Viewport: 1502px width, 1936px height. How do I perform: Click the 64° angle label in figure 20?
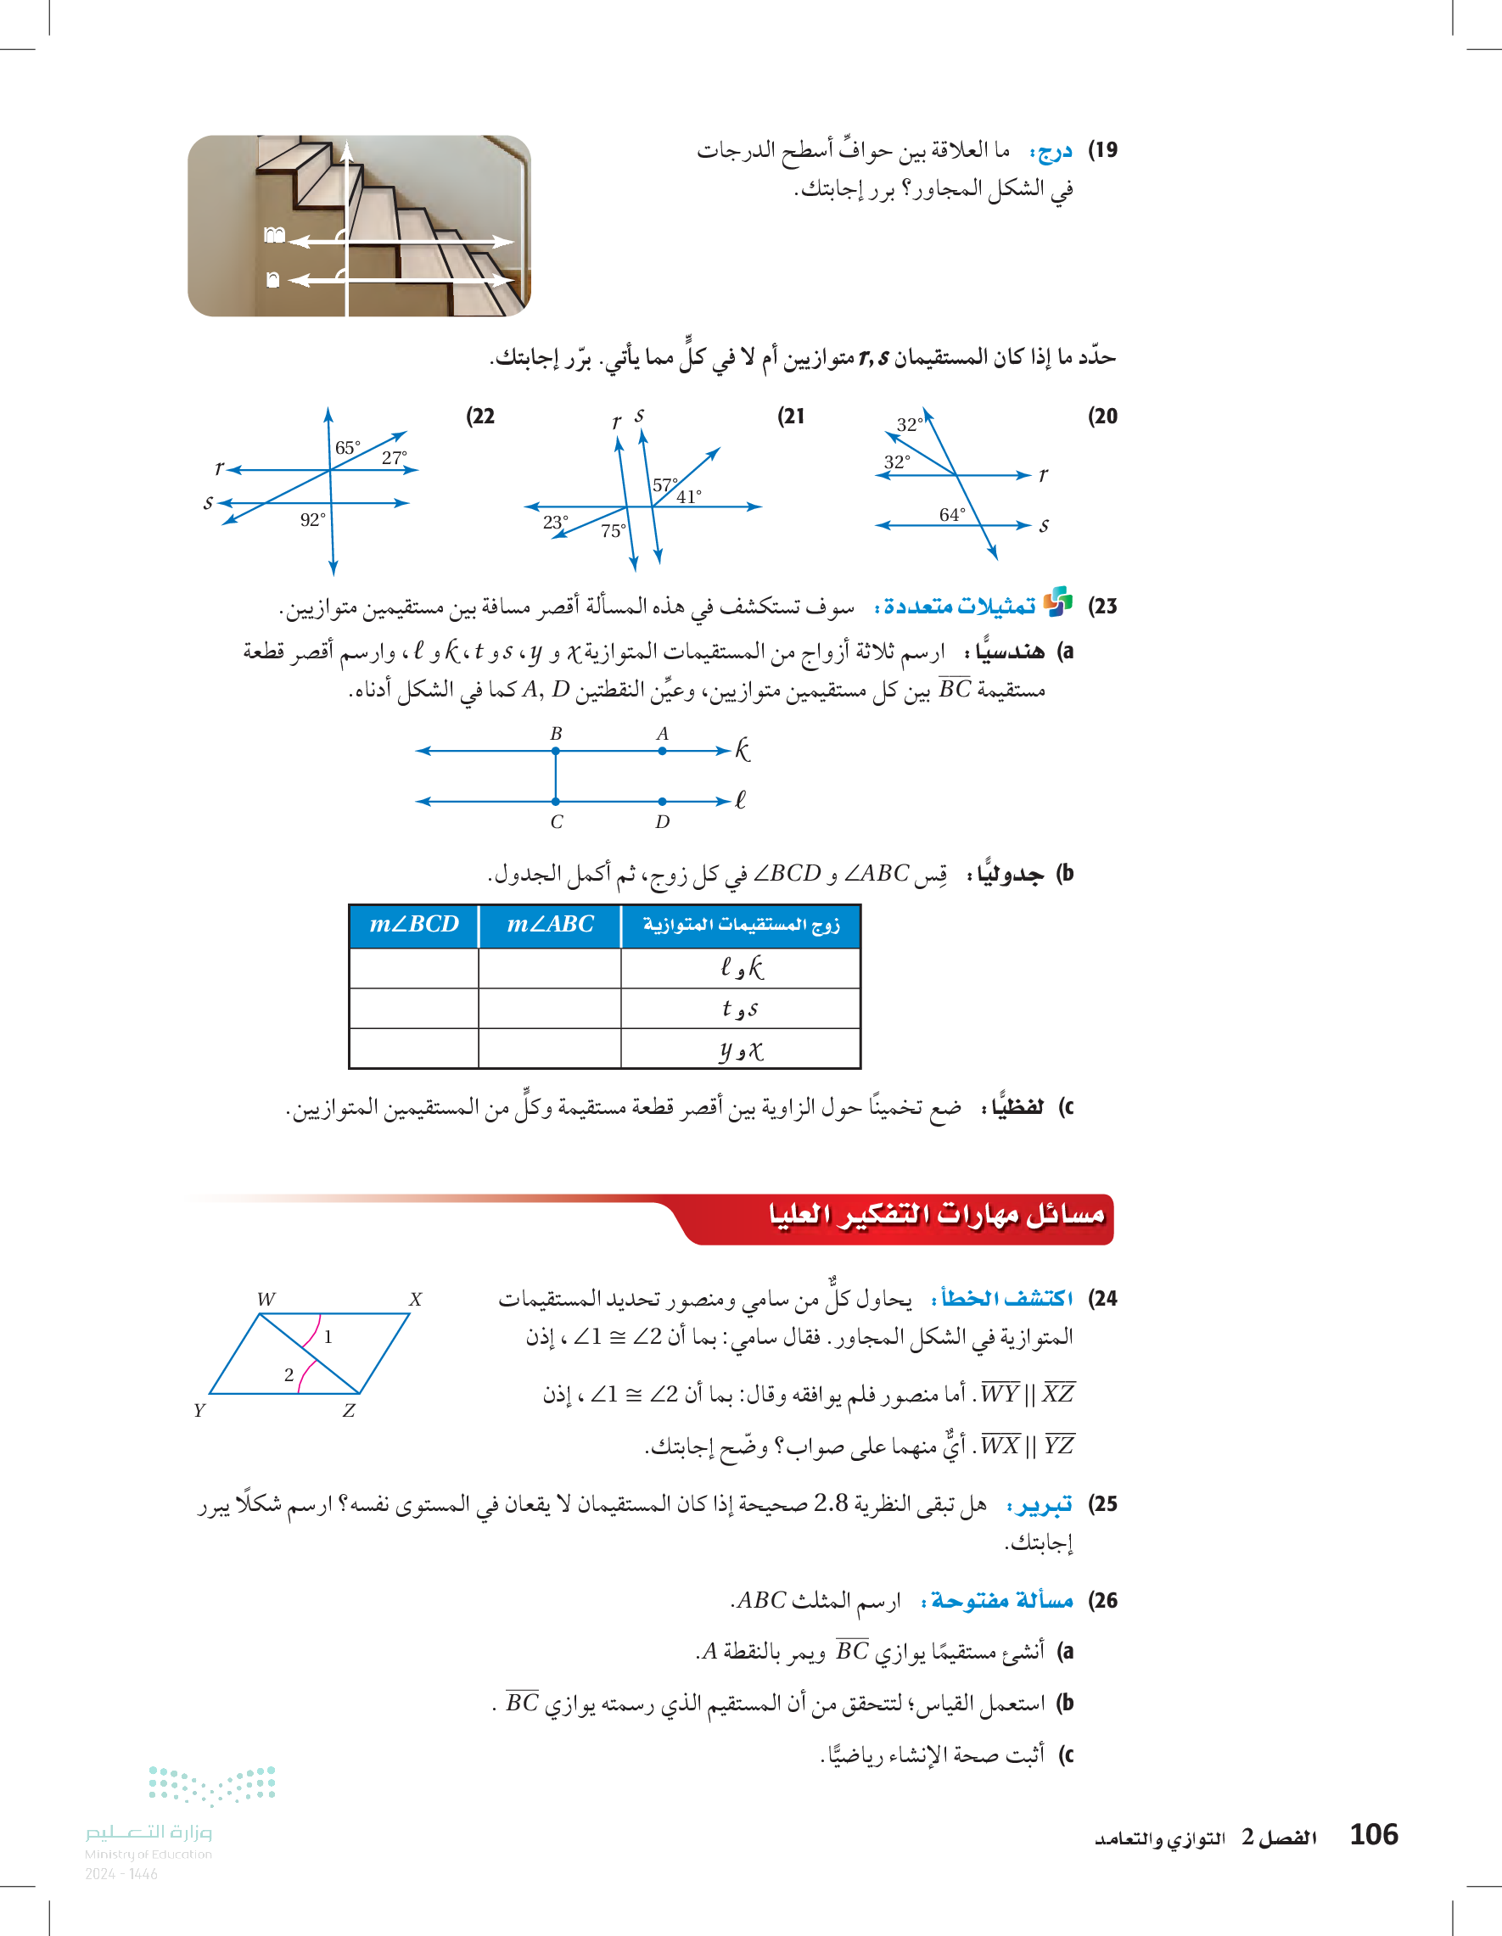click(x=951, y=515)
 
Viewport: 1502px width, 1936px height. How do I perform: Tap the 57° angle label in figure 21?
click(x=665, y=485)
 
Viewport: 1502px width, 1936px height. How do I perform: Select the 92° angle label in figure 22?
click(x=312, y=519)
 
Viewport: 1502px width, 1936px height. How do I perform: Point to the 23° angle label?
click(x=556, y=522)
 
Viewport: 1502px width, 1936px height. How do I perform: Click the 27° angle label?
click(x=395, y=457)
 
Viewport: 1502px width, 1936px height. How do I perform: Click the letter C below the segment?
click(x=556, y=822)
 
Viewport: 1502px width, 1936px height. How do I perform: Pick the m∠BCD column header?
click(x=414, y=925)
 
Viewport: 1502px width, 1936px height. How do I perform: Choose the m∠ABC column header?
click(x=550, y=925)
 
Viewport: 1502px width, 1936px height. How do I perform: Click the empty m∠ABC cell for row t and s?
click(x=550, y=1009)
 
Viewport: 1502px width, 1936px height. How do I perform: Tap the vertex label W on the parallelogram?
click(x=266, y=1300)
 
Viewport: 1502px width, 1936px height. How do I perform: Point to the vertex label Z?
click(x=350, y=1410)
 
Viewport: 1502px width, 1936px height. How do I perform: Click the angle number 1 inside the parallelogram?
click(x=328, y=1337)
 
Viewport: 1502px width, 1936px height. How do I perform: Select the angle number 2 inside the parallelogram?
click(x=289, y=1375)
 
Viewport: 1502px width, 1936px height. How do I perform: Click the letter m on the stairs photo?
click(x=274, y=235)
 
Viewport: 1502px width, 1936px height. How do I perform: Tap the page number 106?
click(x=1373, y=1834)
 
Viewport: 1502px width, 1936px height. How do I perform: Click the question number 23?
click(x=1102, y=607)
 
